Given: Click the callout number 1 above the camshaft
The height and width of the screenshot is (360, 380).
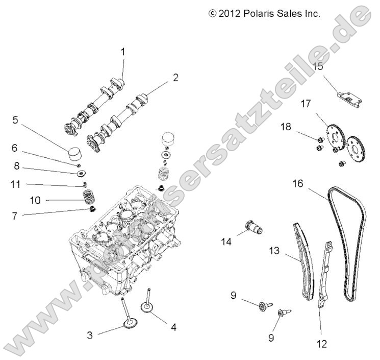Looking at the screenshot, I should coord(123,52).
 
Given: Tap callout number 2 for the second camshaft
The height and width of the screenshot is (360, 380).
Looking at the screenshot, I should coord(175,78).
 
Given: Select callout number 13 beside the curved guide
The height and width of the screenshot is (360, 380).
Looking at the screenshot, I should coord(275,250).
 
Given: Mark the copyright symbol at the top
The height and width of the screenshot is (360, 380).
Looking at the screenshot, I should coord(213,14).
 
